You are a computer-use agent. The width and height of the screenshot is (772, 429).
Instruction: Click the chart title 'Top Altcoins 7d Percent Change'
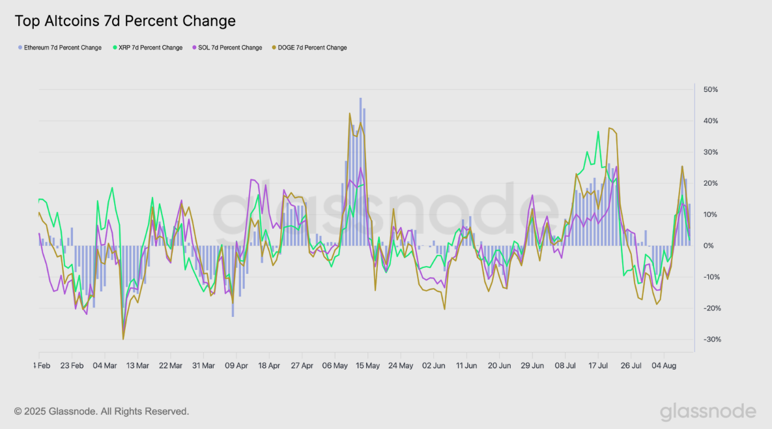pyautogui.click(x=125, y=21)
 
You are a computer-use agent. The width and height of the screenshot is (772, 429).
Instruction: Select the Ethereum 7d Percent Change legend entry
pyautogui.click(x=63, y=48)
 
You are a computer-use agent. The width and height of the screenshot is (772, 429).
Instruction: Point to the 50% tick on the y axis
pyautogui.click(x=709, y=89)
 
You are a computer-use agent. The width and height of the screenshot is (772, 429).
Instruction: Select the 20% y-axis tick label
pyautogui.click(x=709, y=183)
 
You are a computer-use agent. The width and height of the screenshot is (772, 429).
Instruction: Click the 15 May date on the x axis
pyautogui.click(x=368, y=366)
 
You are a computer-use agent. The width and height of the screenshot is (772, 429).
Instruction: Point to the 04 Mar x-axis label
pyautogui.click(x=105, y=366)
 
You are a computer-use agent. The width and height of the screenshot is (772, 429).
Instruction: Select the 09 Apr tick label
pyautogui.click(x=236, y=366)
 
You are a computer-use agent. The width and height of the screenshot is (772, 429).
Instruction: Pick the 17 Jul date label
pyautogui.click(x=598, y=366)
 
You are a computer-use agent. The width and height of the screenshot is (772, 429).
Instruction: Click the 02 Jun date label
pyautogui.click(x=434, y=366)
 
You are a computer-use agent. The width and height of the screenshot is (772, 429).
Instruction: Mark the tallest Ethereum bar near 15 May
pyautogui.click(x=360, y=99)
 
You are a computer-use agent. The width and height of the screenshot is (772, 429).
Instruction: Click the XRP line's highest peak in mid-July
pyautogui.click(x=598, y=132)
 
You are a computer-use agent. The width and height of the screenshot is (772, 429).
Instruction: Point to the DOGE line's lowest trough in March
pyautogui.click(x=123, y=338)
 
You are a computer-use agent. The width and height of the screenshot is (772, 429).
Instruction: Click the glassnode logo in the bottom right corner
pyautogui.click(x=708, y=412)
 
